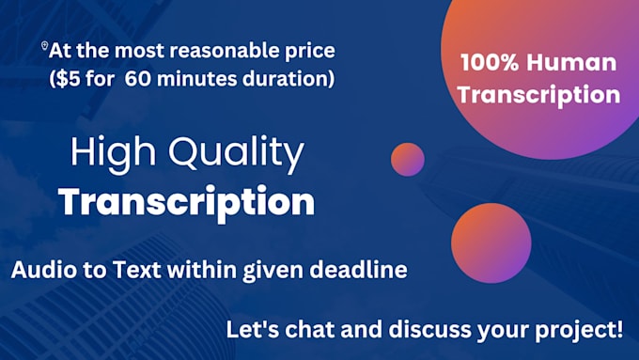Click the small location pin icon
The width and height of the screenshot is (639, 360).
coord(44,46)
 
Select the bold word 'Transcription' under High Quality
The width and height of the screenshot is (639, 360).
coord(186,202)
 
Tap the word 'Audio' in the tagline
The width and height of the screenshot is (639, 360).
coord(41,272)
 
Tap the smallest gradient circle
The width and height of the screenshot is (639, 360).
coord(408,159)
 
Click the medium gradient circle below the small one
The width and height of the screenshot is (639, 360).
coord(498,243)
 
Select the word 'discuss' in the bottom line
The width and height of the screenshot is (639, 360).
coord(428,330)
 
